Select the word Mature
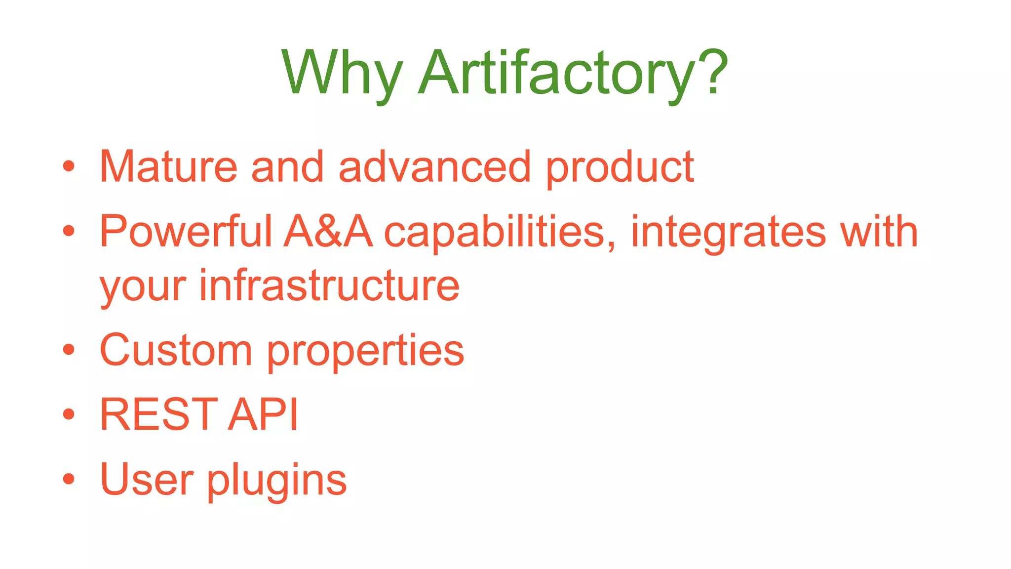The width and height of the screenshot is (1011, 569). [x=168, y=167]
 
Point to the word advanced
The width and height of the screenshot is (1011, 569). [x=434, y=167]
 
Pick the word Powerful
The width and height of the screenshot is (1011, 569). [x=186, y=231]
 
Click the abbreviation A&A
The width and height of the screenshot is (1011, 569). [x=328, y=231]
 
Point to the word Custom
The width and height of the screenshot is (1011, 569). [x=176, y=350]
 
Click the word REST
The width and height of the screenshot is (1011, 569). [x=158, y=414]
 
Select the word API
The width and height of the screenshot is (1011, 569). [x=264, y=414]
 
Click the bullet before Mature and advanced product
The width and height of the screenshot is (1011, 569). [x=69, y=166]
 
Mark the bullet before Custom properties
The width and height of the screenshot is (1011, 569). [x=69, y=350]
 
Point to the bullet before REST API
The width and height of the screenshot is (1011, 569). [x=69, y=414]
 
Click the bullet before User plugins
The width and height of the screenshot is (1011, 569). [x=69, y=479]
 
